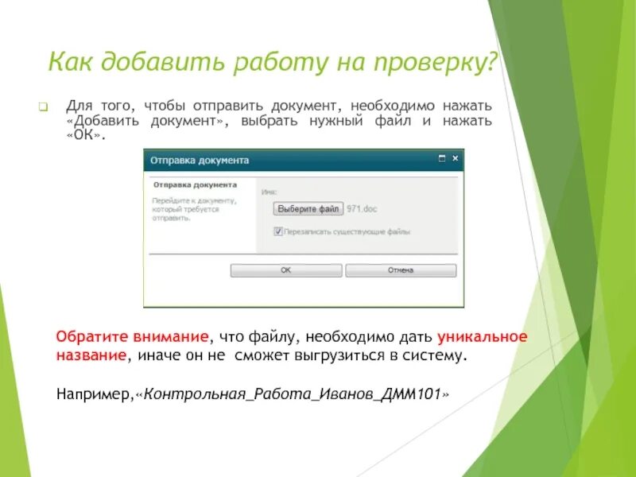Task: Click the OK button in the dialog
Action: tap(285, 270)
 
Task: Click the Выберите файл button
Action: tap(308, 208)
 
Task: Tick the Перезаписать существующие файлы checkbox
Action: tap(278, 231)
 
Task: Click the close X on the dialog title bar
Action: tap(456, 159)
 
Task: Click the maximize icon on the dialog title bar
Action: tap(442, 159)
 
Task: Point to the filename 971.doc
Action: tap(362, 208)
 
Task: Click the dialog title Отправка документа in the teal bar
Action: tap(200, 160)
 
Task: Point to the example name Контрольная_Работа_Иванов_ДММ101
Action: tap(295, 394)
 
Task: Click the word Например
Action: tap(94, 394)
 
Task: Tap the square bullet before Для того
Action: tap(45, 107)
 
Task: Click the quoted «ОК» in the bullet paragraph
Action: tap(83, 135)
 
